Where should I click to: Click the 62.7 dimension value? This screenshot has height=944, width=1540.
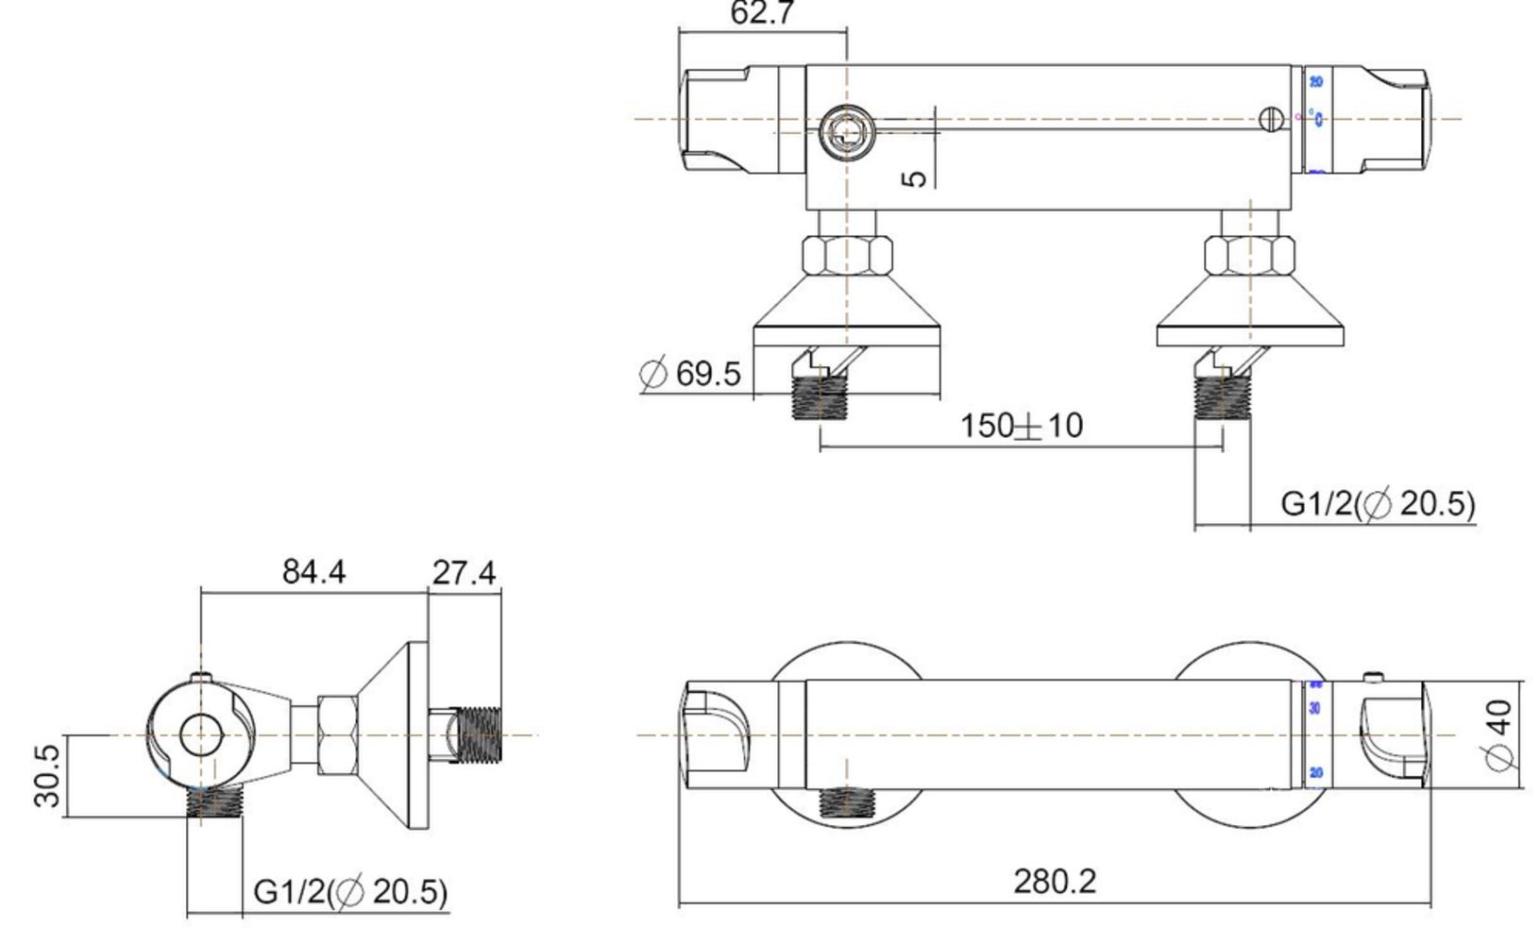pos(763,13)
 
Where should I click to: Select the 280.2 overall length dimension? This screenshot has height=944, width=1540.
pos(1055,882)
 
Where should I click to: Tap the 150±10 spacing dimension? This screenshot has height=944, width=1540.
pos(1022,426)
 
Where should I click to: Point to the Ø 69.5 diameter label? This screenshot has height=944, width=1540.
pos(690,374)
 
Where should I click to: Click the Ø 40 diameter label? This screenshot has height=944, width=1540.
pos(1498,734)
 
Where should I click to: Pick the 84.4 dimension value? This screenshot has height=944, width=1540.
pos(313,572)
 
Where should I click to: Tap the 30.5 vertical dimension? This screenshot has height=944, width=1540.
pos(47,776)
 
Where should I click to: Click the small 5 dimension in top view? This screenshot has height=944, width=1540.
pos(914,177)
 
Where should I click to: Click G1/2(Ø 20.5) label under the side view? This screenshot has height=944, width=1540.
pos(350,891)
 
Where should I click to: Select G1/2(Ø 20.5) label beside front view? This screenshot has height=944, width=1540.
pos(1378,503)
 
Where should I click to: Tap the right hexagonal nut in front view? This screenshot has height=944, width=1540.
pos(1249,256)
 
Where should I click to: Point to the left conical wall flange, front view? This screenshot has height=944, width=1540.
pos(847,307)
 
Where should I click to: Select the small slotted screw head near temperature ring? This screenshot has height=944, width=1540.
pos(1272,119)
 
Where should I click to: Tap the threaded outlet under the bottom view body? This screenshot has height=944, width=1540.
pos(846,802)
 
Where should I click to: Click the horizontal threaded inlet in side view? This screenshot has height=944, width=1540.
pos(479,734)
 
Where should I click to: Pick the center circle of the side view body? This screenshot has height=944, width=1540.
pos(200,734)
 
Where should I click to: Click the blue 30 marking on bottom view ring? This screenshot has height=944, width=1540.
pos(1315,708)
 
